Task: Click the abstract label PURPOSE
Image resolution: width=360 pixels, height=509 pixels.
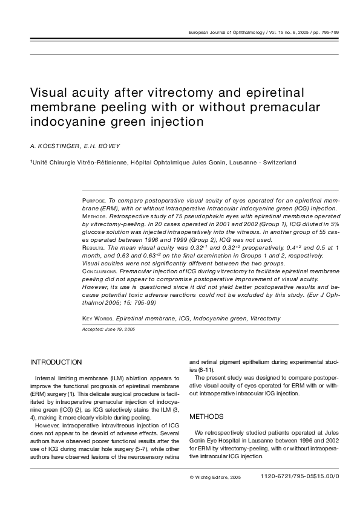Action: (94, 199)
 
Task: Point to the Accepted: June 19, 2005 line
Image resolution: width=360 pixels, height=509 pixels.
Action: (108, 329)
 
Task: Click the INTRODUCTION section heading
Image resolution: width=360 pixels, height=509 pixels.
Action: (56, 362)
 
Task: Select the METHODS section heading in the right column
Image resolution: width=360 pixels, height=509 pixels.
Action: (206, 417)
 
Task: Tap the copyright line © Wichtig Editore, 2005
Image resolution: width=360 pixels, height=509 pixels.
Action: (215, 477)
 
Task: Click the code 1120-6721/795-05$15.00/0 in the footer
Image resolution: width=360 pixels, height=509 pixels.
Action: (300, 477)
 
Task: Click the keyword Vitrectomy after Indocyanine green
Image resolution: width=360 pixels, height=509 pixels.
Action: (263, 318)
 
